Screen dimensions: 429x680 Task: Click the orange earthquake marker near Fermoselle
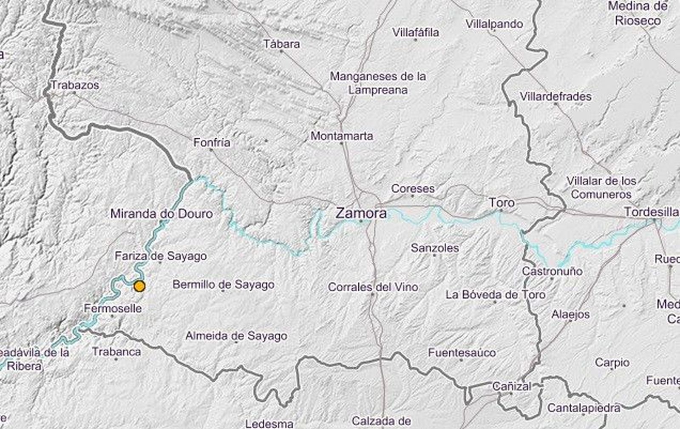(x=139, y=287)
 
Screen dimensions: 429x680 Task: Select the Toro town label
(x=501, y=202)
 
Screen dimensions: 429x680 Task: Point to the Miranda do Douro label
(x=161, y=213)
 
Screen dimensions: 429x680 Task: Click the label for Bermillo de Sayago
(x=223, y=284)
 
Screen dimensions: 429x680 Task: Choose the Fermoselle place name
(x=113, y=308)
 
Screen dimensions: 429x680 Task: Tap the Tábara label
(x=281, y=44)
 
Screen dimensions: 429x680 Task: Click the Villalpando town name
(x=494, y=24)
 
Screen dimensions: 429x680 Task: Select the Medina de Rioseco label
(x=637, y=14)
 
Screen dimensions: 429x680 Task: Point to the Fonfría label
(x=212, y=142)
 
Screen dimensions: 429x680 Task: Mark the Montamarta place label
(x=342, y=136)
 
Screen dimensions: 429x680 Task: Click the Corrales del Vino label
(x=373, y=287)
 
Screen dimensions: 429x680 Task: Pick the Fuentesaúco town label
(x=462, y=352)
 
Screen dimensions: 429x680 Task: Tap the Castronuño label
(x=552, y=271)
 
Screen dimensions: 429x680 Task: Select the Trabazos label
(x=75, y=85)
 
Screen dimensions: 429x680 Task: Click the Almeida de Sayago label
(x=236, y=336)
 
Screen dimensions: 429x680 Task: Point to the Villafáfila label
(x=415, y=32)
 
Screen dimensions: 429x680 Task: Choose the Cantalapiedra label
(x=584, y=408)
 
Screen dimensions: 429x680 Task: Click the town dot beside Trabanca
(x=116, y=359)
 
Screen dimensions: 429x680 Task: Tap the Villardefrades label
(x=555, y=97)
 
